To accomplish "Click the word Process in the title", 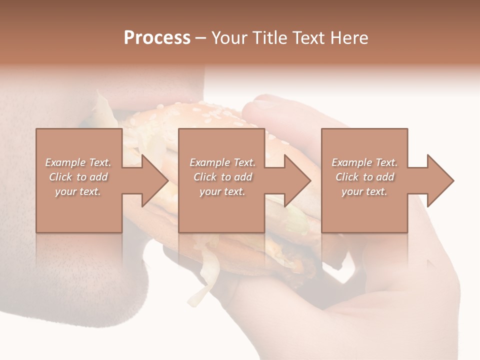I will (x=157, y=38).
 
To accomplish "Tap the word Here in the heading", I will (x=349, y=38).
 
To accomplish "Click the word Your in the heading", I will (x=230, y=38).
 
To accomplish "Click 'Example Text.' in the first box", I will (x=78, y=162).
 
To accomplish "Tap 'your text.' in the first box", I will (x=78, y=191).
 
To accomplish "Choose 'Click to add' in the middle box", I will (x=222, y=177).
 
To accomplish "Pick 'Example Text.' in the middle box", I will (x=222, y=162).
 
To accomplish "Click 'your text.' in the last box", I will (x=364, y=191).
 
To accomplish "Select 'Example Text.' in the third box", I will (x=364, y=162).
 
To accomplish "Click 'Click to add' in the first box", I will (x=78, y=177).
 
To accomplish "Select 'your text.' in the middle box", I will (x=222, y=191).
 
